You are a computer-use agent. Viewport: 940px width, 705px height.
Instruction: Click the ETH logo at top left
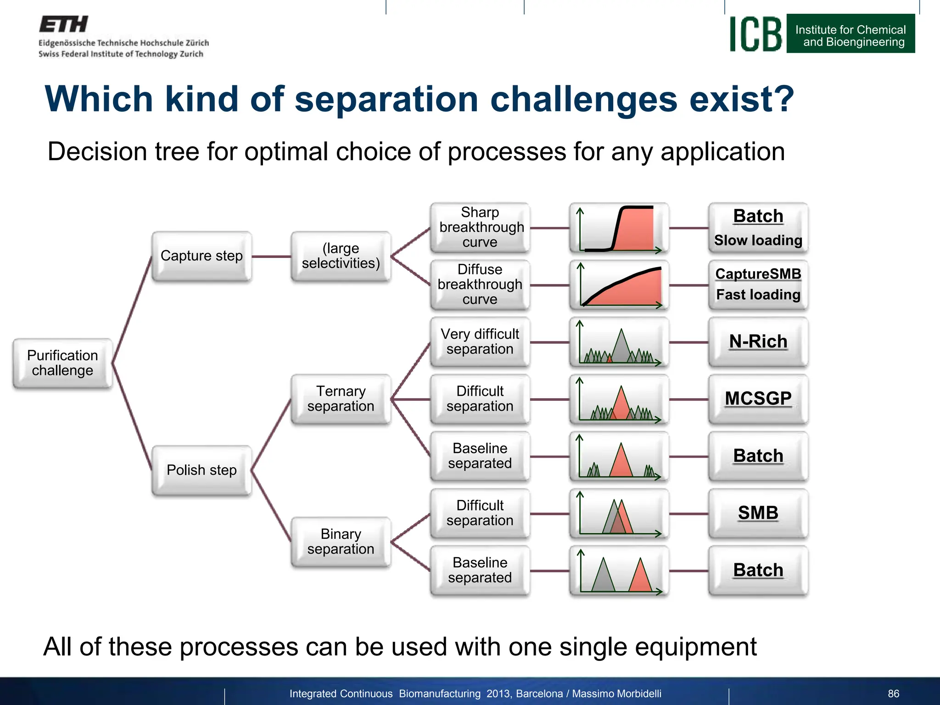[x=63, y=24]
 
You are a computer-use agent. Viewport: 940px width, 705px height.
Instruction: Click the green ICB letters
[x=755, y=34]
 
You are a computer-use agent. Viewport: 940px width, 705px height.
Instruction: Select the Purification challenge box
[x=62, y=363]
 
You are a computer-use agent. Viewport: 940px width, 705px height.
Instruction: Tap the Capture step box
[x=201, y=256]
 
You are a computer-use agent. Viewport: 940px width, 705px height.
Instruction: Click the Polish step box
[x=201, y=470]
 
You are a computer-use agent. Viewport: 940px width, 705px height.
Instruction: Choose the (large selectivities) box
[x=341, y=256]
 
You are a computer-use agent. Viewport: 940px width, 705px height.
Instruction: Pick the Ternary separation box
[x=341, y=398]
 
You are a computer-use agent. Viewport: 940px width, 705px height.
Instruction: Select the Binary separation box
[x=341, y=542]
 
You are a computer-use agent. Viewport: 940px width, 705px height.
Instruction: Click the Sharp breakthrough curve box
[x=480, y=227]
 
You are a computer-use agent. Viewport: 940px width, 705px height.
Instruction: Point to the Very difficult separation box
[x=480, y=341]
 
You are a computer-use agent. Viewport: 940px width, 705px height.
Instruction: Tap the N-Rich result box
[x=758, y=341]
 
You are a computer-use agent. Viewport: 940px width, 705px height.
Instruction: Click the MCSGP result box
[x=758, y=398]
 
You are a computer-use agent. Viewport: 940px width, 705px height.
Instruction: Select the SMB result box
[x=758, y=513]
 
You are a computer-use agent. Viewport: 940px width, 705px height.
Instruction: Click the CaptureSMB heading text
[x=758, y=274]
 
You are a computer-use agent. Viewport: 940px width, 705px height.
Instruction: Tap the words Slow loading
[x=758, y=240]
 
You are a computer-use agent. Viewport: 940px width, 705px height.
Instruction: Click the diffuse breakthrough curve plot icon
[x=619, y=285]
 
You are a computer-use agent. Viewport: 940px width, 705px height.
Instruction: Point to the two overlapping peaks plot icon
[x=619, y=513]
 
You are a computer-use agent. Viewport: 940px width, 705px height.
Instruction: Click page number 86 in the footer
[x=893, y=694]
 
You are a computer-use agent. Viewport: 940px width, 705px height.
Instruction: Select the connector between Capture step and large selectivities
[x=271, y=257]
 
